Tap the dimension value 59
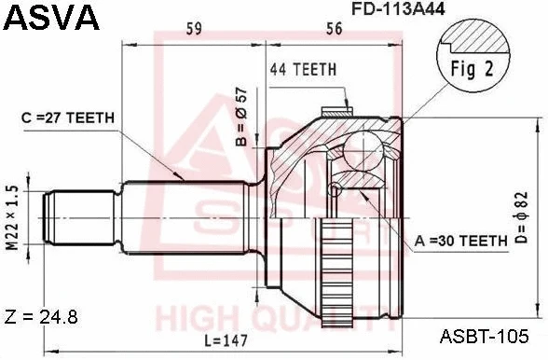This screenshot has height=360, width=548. click(x=194, y=30)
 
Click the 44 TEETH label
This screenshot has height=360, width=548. click(x=303, y=69)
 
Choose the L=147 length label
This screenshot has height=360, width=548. click(x=225, y=341)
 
